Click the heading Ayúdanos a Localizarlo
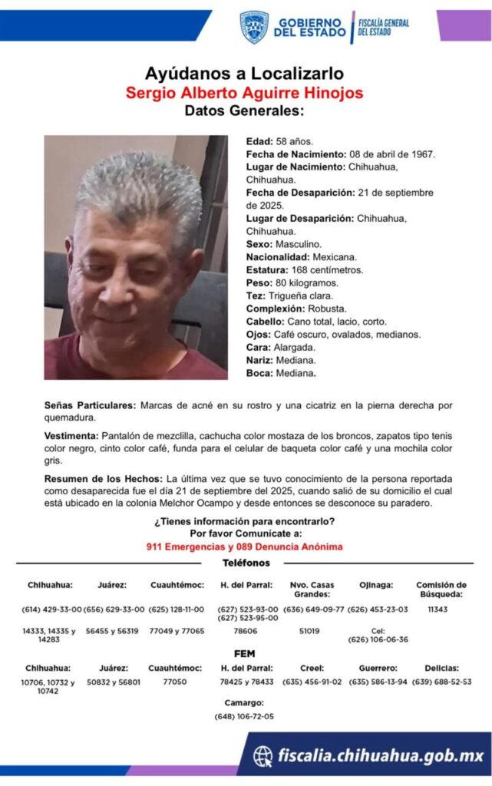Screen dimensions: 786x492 point(244,74)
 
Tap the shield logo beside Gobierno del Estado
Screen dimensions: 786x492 point(254,27)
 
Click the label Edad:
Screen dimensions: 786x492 point(259,142)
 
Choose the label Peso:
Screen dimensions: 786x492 point(259,283)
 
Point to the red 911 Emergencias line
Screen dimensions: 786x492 point(244,547)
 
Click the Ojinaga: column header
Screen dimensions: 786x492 point(377,585)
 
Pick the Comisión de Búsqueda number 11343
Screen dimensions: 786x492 point(438,609)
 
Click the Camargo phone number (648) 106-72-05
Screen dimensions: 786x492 point(244,717)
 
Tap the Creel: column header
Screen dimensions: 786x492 point(312,668)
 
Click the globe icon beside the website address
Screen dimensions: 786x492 point(263,756)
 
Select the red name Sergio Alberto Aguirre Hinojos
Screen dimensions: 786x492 point(244,93)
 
